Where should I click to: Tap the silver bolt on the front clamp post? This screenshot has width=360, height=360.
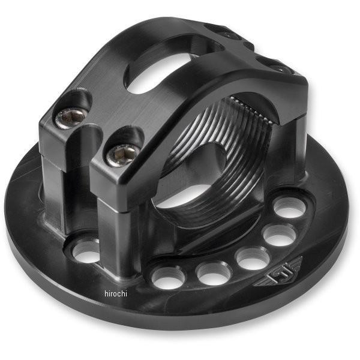[115, 155]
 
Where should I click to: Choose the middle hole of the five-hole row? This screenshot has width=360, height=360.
[252, 258]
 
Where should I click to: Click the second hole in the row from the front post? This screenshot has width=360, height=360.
[213, 272]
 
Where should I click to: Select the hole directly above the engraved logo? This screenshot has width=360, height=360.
[280, 235]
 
